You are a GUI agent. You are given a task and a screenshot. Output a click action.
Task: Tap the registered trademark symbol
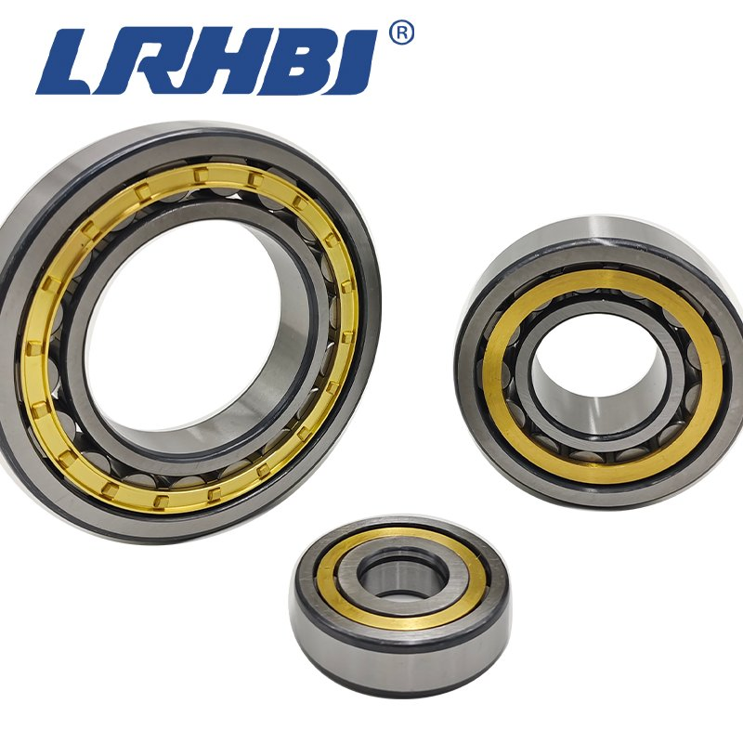click(400, 33)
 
